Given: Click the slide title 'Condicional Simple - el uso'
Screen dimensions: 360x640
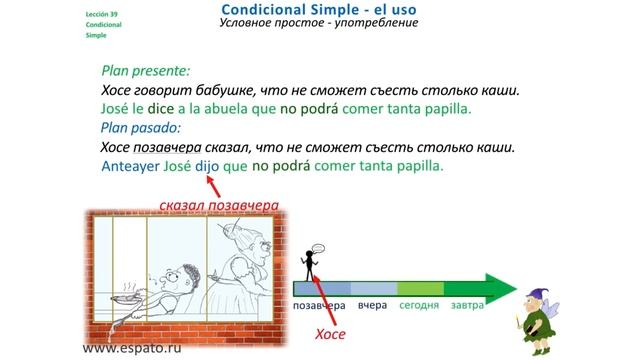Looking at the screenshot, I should coord(319,9).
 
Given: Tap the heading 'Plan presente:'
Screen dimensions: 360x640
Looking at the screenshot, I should coord(145,72).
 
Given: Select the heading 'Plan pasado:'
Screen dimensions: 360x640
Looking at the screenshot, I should coord(141,128).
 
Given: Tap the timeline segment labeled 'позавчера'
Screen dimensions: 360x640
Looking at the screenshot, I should coord(319,304).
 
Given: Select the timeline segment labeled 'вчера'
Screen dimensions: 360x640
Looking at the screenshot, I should coord(372,304).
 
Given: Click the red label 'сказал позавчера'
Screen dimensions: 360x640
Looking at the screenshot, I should coord(217,207).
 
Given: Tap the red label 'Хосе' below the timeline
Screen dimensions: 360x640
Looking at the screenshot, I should coord(330,335).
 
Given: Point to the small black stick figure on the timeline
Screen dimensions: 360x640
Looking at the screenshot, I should coord(312,265).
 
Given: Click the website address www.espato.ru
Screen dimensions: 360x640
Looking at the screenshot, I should coord(133,349).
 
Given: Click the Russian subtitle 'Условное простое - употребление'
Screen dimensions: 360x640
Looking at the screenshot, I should coord(319,24).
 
